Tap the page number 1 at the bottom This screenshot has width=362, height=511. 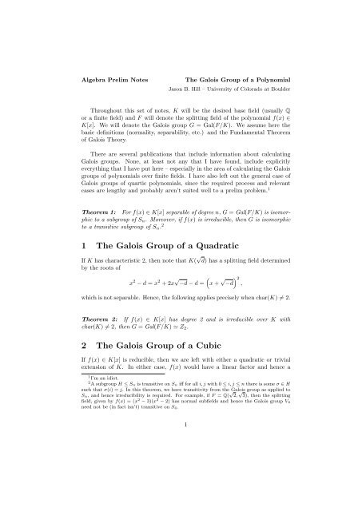[x=181, y=492]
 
